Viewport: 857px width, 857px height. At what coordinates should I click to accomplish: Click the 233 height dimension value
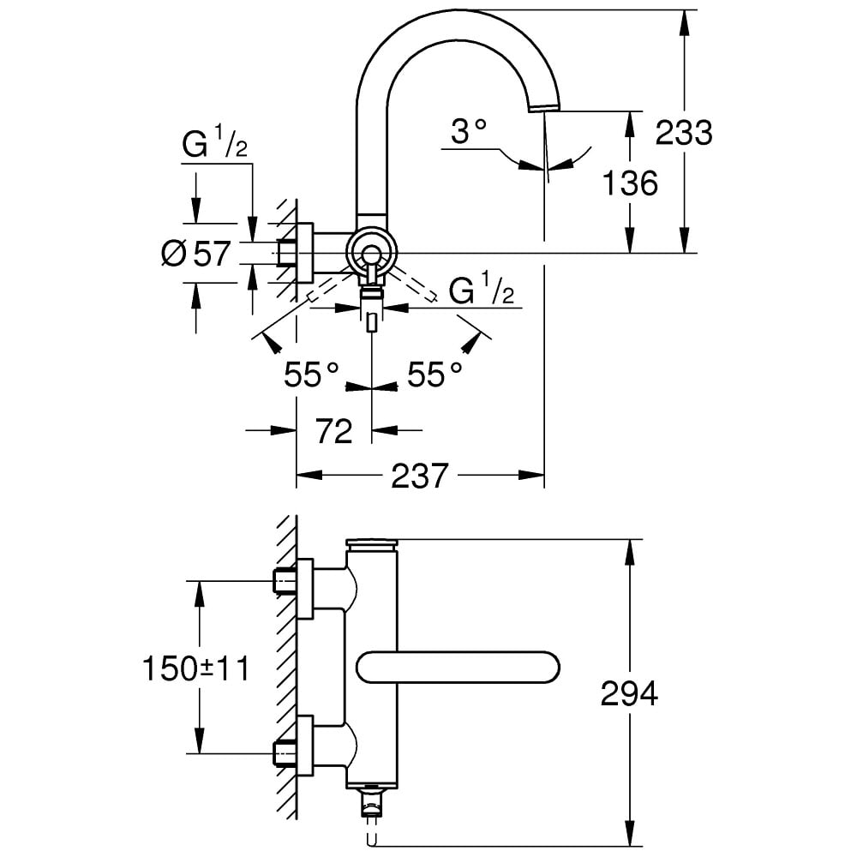pyautogui.click(x=684, y=133)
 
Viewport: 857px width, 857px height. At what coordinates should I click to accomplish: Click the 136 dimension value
pyautogui.click(x=630, y=183)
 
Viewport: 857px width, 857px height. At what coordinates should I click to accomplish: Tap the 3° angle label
pyautogui.click(x=470, y=131)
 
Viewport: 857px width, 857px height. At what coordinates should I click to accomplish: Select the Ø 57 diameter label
pyautogui.click(x=196, y=254)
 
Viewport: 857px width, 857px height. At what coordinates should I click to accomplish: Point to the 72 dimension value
pyautogui.click(x=333, y=431)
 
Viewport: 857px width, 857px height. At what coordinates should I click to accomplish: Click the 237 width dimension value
pyautogui.click(x=420, y=476)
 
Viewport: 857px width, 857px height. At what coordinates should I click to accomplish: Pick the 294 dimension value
pyautogui.click(x=629, y=693)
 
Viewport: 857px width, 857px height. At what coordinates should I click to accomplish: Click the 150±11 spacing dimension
pyautogui.click(x=196, y=668)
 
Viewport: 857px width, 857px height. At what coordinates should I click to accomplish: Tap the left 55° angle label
pyautogui.click(x=313, y=375)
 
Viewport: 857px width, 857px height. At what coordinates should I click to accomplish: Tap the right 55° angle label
pyautogui.click(x=434, y=375)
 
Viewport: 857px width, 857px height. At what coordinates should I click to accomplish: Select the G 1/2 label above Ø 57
pyautogui.click(x=214, y=146)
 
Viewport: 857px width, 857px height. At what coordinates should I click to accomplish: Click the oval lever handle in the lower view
pyautogui.click(x=458, y=667)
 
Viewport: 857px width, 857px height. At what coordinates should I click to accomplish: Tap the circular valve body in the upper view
pyautogui.click(x=371, y=253)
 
